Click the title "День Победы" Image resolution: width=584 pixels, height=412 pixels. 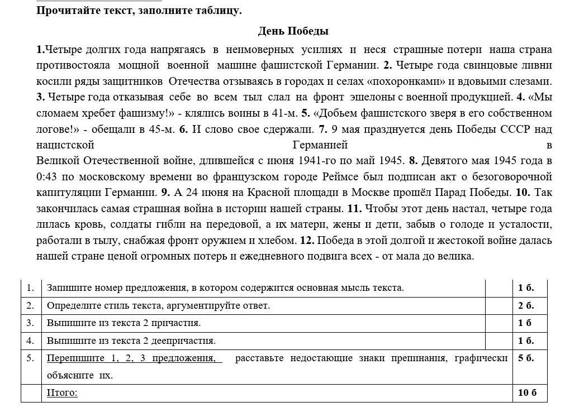[x=293, y=31]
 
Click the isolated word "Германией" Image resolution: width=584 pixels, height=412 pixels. [x=320, y=145]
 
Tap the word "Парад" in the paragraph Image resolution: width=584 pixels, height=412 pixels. [x=454, y=193]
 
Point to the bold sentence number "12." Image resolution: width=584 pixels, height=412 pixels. [x=306, y=241]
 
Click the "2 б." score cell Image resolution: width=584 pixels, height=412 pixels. [x=526, y=305]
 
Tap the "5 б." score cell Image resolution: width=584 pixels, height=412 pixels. [x=526, y=358]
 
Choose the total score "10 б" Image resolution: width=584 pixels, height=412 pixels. [x=527, y=392]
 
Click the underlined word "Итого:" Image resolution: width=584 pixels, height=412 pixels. [x=62, y=392]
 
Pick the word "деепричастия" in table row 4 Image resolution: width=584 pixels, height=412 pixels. [x=187, y=341]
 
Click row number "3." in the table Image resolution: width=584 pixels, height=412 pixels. [x=30, y=323]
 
